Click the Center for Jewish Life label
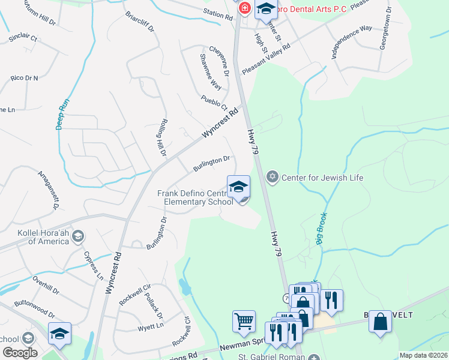click(322, 178)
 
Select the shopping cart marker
click(244, 322)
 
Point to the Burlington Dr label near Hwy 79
click(211, 163)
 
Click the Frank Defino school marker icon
click(238, 187)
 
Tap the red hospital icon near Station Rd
click(244, 8)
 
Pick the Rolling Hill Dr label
click(161, 137)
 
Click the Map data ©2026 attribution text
click(424, 355)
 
